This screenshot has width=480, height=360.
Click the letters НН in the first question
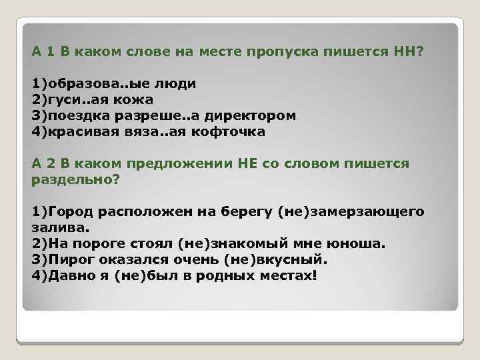402,52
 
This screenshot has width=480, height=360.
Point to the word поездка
73,116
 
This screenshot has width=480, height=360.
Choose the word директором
254,116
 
